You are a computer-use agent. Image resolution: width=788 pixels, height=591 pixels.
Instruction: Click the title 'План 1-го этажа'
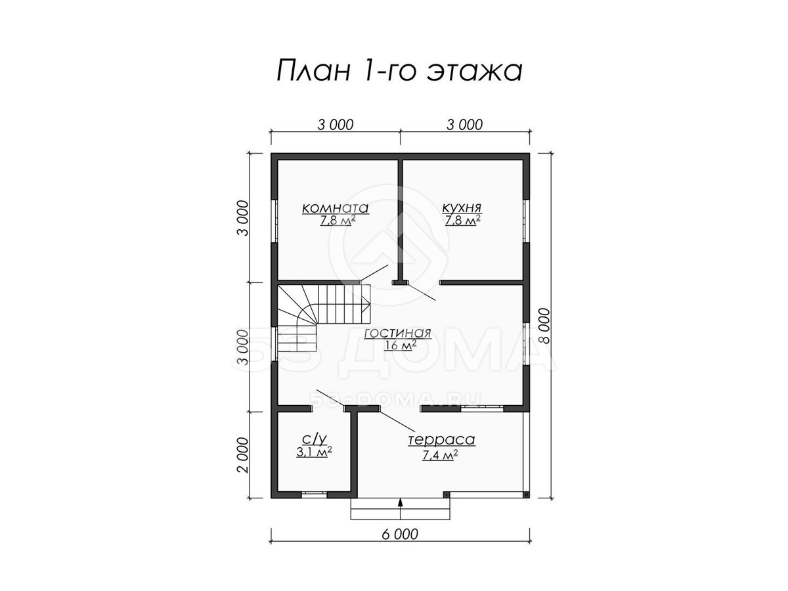[x=399, y=72]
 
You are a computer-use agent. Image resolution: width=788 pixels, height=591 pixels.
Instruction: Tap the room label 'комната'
[x=336, y=208]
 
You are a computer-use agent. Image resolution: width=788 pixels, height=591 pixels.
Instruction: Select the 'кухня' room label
[x=462, y=208]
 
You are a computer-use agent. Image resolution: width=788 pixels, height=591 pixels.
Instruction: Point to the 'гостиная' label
[x=397, y=333]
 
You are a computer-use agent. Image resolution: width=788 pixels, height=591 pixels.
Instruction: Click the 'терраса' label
[x=441, y=440]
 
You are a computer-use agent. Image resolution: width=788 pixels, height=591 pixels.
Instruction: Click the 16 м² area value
[x=400, y=345]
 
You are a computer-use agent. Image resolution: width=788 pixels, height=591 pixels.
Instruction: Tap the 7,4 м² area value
[x=441, y=455]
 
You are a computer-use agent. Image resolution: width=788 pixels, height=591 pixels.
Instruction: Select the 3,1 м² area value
[x=314, y=452]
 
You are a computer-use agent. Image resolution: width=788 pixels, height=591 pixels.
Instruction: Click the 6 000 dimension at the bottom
[x=400, y=544]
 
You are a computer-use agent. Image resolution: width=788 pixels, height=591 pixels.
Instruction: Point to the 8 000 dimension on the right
[x=545, y=326]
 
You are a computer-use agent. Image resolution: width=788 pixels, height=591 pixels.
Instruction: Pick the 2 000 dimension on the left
[x=243, y=455]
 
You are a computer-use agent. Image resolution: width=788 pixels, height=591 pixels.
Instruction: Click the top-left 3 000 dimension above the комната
[x=336, y=125]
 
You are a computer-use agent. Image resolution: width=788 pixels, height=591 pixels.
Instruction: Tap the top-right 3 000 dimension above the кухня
[x=464, y=125]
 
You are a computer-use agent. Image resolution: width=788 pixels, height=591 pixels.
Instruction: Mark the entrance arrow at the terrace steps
[x=399, y=509]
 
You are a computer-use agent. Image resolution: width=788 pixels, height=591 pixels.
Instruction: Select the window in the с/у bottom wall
[x=314, y=494]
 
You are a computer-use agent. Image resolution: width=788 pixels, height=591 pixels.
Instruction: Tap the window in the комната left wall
[x=274, y=221]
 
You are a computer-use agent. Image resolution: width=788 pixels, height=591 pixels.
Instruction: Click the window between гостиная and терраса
[x=482, y=408]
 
